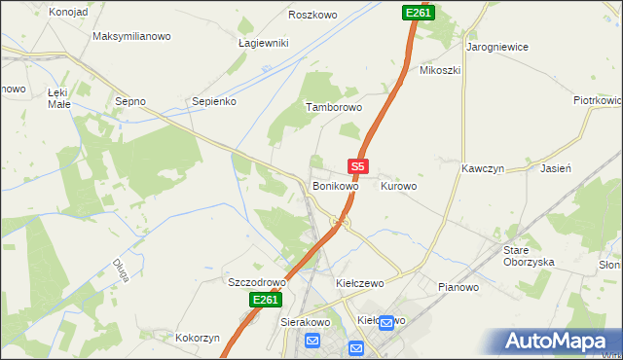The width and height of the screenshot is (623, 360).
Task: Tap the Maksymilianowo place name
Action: (131, 36)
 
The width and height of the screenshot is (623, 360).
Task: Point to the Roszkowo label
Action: (312, 16)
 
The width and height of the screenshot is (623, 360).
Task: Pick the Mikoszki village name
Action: (439, 70)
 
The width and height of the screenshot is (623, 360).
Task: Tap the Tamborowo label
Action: (334, 107)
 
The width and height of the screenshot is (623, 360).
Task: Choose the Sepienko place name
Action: (214, 100)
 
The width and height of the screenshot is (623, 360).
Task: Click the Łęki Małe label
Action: (60, 97)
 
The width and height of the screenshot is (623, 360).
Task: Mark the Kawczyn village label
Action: (481, 168)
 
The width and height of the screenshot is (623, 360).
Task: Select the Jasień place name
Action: (555, 168)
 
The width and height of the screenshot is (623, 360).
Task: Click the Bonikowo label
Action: (336, 185)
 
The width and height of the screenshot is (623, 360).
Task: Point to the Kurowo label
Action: (398, 185)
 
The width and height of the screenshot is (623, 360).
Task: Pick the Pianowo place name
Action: (458, 287)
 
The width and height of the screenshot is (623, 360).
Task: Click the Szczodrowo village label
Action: (256, 282)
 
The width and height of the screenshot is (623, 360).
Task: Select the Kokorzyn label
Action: (198, 338)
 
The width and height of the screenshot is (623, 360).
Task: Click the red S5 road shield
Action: (357, 167)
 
